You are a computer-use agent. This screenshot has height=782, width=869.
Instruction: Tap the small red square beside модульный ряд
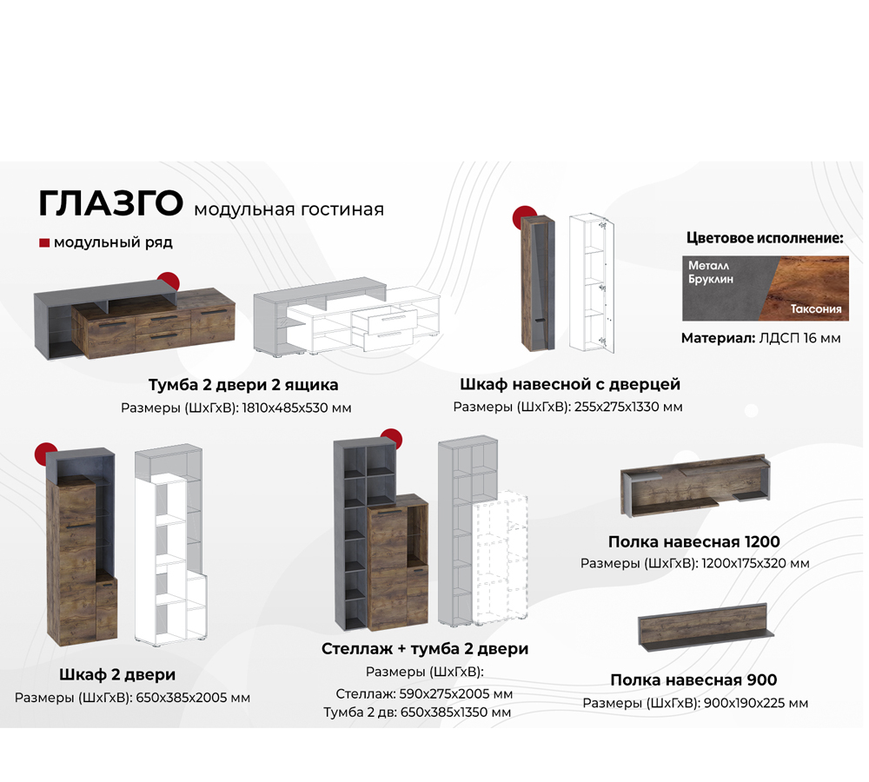coord(44,243)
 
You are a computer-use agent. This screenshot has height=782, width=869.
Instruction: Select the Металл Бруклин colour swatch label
coord(711,272)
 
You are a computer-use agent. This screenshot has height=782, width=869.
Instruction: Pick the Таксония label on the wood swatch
coord(815,309)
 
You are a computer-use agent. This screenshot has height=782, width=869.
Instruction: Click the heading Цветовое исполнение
coord(765,237)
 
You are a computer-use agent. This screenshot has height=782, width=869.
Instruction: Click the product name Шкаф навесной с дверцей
coord(569,383)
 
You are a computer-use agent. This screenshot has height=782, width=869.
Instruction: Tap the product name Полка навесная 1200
coord(694,541)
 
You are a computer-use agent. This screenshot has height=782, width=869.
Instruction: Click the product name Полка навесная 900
coord(693,679)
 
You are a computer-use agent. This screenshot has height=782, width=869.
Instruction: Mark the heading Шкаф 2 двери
coord(117,674)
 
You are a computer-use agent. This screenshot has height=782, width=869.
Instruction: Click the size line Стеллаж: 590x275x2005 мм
coord(423,694)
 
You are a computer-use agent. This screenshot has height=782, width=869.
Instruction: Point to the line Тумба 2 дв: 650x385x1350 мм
coord(417,712)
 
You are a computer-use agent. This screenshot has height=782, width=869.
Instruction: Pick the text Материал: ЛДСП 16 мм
coord(760,338)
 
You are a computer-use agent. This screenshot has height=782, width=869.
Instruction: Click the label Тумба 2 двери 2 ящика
coord(243,384)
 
